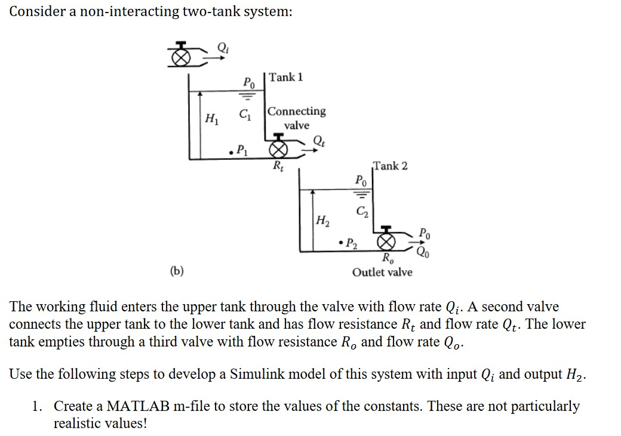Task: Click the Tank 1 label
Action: point(286,77)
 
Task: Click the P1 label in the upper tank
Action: point(239,149)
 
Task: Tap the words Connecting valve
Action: point(297,118)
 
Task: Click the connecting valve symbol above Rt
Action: point(277,148)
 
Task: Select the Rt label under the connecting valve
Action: point(278,165)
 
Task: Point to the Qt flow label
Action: point(320,141)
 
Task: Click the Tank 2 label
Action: point(391,165)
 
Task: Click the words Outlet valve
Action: point(382,273)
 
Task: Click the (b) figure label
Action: point(177,272)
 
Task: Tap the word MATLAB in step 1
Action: point(120,406)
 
